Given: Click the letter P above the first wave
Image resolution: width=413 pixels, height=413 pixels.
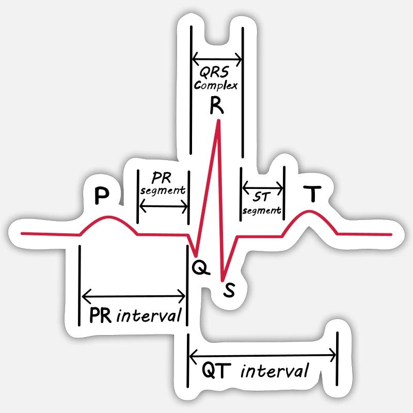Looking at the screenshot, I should pos(102,195).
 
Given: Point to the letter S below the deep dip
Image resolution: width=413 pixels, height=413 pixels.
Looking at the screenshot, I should pos(229,291).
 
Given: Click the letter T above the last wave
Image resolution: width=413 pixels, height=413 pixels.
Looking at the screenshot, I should pos(311,195).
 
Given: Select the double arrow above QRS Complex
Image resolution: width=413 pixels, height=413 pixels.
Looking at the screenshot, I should pos(217,57).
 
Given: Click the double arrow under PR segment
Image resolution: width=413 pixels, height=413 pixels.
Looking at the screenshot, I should pos(163,206).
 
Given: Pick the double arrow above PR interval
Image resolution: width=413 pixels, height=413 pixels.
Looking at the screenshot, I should pos(134,296).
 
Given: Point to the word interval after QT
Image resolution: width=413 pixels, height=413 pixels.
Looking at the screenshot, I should pos(275,371).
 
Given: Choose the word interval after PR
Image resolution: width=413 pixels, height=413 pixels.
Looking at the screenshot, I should pos(149,315).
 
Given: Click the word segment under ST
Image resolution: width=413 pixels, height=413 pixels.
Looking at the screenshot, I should pos(262,210).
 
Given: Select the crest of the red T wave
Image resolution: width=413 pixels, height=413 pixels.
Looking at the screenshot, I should pos(310,212).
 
